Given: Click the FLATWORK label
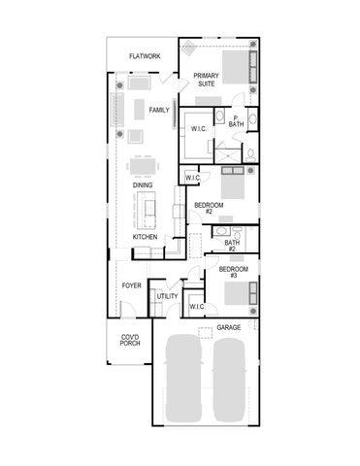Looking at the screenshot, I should pos(144,56).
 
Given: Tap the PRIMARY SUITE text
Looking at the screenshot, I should pos(205,80).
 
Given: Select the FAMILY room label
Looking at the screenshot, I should pos(159,110).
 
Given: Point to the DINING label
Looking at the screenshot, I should pos(144,184).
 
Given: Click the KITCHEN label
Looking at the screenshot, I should pos(145,237).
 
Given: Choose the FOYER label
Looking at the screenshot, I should pos(131,285).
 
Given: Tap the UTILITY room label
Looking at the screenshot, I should pos(167,296).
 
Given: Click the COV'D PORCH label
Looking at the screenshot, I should pos(130,340).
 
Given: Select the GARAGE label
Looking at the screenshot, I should pos(228,327).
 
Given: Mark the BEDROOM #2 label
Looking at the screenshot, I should pos(210,209).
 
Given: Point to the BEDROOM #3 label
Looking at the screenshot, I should pos(234,272).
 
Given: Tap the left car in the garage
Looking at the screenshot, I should pos(187,381).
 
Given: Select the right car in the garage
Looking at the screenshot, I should pos(233,381).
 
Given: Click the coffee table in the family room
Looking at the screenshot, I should pos(139,108).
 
